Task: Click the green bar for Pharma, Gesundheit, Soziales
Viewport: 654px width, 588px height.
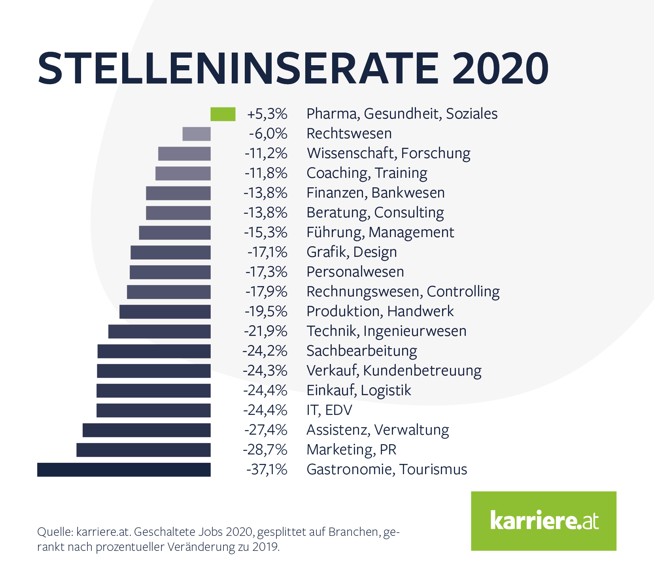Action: coord(223,114)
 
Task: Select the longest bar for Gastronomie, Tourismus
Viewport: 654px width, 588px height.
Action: coord(124,470)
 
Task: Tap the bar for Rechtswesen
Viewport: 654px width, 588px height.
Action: coord(197,134)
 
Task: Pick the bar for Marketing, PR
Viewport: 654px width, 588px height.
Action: coord(144,450)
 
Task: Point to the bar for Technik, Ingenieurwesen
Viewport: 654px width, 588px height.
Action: coord(159,332)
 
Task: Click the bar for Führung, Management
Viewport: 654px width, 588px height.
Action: coord(175,233)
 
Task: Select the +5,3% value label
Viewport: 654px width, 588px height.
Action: coord(267,114)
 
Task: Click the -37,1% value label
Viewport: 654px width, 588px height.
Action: coord(267,470)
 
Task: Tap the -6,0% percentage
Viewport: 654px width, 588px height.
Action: coord(268,134)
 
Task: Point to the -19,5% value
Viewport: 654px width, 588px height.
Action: coord(266,312)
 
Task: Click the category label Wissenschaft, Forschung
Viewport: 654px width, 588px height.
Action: coord(388,154)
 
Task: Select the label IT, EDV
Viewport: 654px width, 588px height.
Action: coord(329,411)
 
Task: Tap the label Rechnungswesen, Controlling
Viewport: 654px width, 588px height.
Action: coord(403,292)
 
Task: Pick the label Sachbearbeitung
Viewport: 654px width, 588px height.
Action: coord(361,351)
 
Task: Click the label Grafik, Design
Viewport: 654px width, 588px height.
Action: coord(352,253)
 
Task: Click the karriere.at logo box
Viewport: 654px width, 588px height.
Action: coord(544,521)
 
